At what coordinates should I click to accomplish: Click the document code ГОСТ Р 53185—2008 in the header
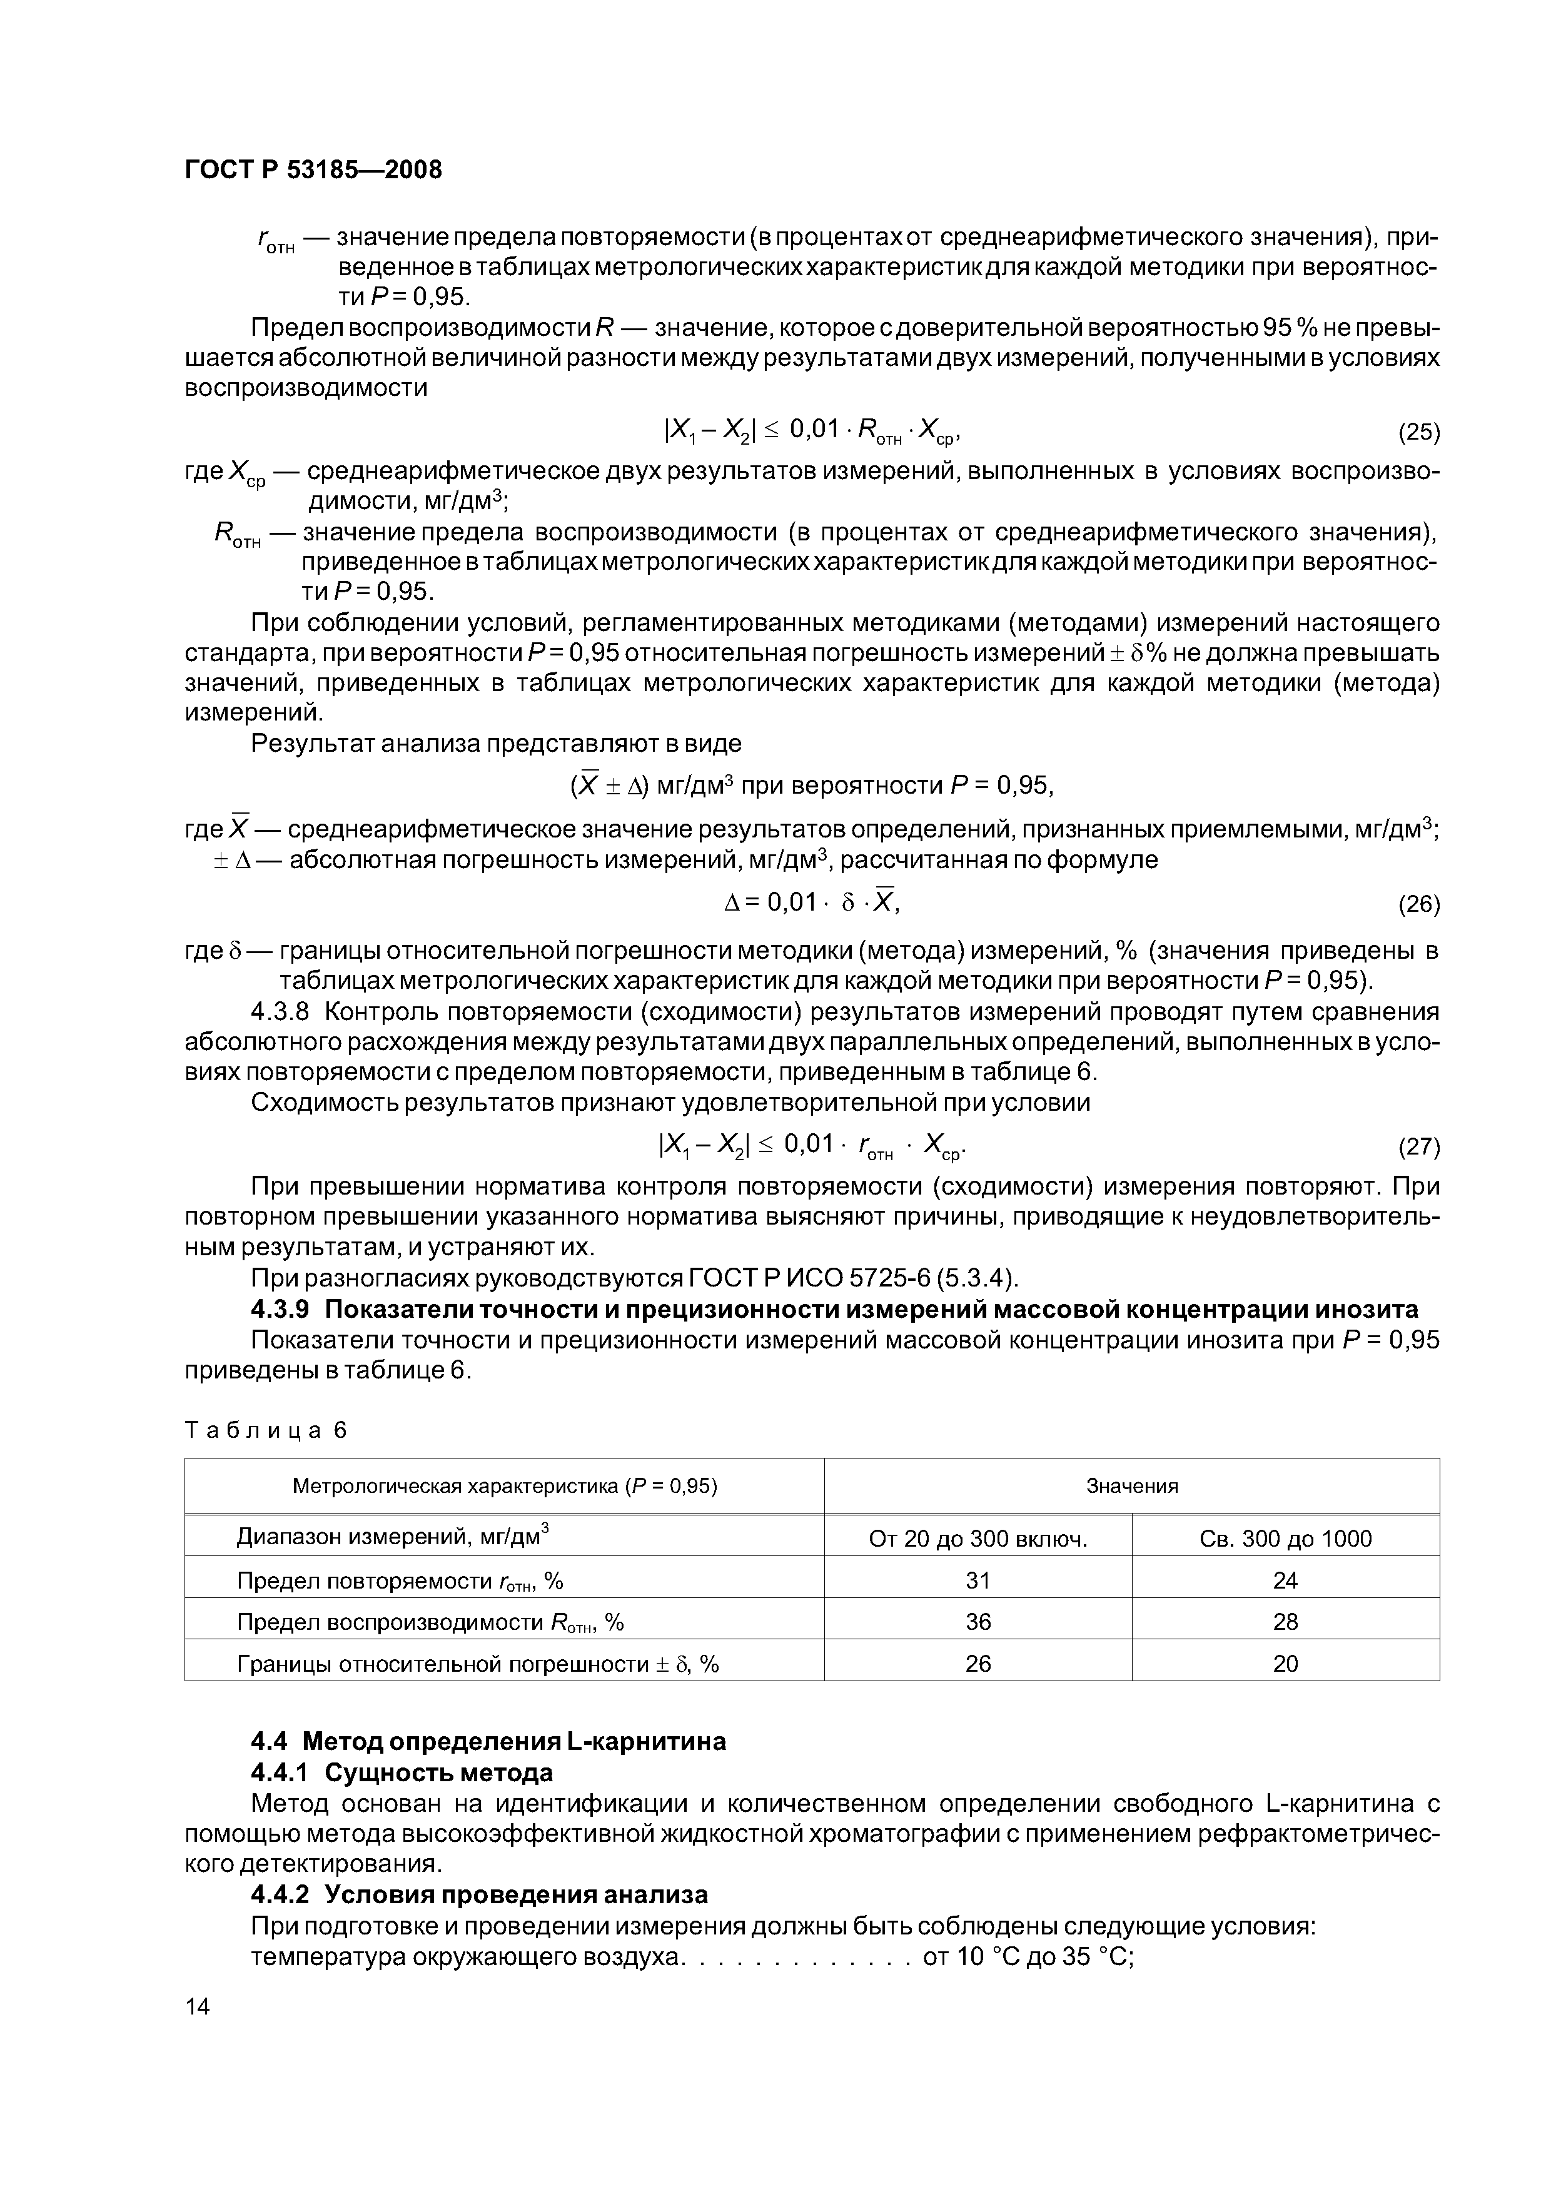coord(313,170)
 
